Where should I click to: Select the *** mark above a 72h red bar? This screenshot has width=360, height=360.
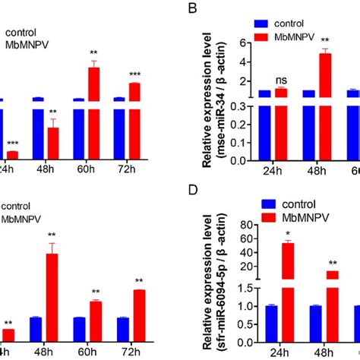pyautogui.click(x=134, y=74)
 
